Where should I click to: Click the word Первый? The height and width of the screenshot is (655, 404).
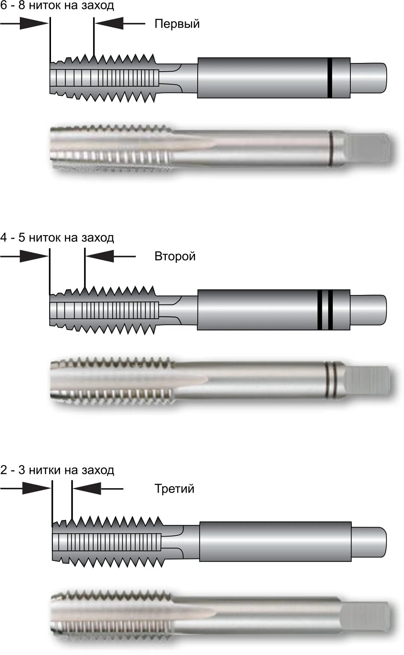(x=177, y=24)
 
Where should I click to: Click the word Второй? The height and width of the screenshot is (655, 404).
(x=175, y=256)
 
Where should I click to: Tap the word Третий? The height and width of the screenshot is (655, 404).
(x=174, y=489)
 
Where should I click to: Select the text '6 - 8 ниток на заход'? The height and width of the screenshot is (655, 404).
(x=57, y=6)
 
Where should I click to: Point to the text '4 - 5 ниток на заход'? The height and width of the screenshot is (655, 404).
(x=57, y=238)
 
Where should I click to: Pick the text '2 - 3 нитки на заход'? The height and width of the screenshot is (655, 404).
(x=57, y=470)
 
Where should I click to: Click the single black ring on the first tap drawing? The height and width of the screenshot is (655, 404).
(x=329, y=78)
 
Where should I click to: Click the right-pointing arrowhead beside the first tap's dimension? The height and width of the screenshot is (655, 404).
(x=34, y=24)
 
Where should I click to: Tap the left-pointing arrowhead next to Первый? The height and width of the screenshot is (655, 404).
(x=109, y=24)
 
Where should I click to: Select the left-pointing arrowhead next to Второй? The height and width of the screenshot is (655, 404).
(x=99, y=256)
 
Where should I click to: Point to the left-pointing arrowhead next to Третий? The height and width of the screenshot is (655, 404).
(x=87, y=489)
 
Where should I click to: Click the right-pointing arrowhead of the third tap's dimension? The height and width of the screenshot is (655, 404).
(x=36, y=489)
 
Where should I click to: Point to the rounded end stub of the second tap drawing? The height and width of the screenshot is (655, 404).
(x=368, y=310)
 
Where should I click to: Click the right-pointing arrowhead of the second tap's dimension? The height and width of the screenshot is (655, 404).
(x=34, y=256)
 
